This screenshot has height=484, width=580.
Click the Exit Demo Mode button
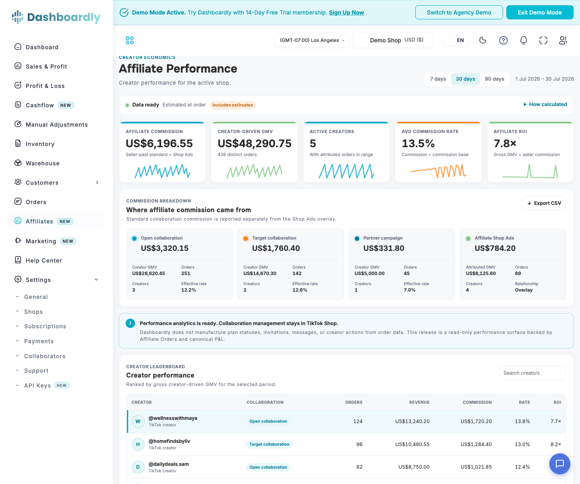(x=539, y=13)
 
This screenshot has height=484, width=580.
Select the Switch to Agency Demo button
(x=459, y=13)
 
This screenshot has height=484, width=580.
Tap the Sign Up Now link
(x=346, y=13)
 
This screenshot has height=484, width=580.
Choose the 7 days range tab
(x=438, y=79)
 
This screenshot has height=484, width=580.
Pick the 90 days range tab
(x=494, y=79)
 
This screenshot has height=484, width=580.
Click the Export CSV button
(x=544, y=203)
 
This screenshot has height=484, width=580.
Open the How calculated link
(x=545, y=104)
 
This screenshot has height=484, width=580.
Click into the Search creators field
(x=532, y=373)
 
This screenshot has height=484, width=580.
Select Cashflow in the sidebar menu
(x=40, y=105)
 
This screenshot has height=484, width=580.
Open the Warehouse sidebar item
(x=43, y=163)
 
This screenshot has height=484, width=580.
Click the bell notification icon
(x=523, y=40)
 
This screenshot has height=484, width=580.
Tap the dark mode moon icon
(x=483, y=40)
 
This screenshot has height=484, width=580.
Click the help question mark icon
(x=503, y=40)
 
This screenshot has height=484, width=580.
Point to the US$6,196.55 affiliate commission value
(x=159, y=144)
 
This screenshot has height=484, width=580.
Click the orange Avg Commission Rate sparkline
(x=438, y=171)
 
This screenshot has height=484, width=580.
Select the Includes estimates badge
(x=232, y=105)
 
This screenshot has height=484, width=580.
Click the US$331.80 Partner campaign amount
(x=383, y=248)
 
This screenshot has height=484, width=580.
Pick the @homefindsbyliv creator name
(x=169, y=441)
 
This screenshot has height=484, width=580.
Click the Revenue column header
(x=419, y=402)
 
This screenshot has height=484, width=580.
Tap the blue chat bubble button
(x=559, y=464)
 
